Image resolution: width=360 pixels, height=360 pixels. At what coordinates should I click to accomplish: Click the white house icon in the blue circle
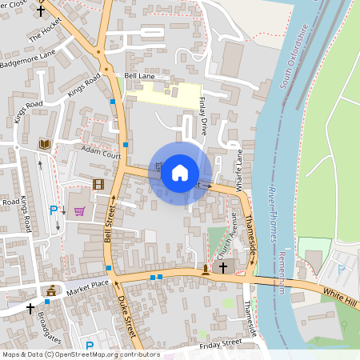tap(180, 173)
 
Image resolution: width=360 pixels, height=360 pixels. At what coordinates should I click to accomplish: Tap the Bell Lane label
tap(138, 75)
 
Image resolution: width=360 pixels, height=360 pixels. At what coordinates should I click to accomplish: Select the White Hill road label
tap(340, 296)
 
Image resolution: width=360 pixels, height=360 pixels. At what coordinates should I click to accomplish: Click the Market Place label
tap(87, 286)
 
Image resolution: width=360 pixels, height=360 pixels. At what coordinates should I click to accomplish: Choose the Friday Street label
tap(221, 342)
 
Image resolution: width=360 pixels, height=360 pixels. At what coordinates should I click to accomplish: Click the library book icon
tap(45, 144)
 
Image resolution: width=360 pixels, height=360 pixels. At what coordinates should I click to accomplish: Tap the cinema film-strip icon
tap(98, 185)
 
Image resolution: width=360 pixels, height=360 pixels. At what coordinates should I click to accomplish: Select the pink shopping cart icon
tap(79, 211)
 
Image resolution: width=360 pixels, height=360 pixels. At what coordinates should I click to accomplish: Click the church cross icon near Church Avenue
tap(223, 268)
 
